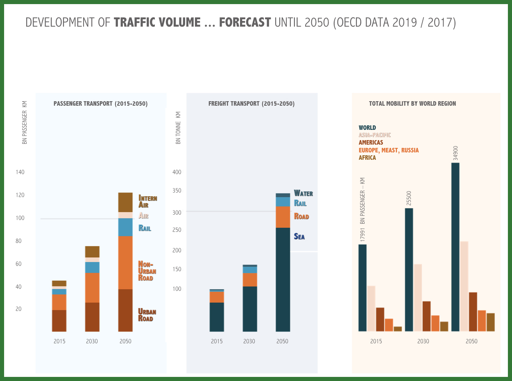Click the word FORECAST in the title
pos(245,22)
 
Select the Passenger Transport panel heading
pos(100,104)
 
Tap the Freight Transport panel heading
pos(251,104)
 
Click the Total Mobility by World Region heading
pos(412,104)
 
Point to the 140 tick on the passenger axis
pos(20,172)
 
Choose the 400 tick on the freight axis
pos(177,172)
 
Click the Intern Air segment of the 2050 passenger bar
pos(125,202)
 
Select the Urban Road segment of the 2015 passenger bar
pos(59,320)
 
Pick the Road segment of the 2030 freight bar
pos(250,279)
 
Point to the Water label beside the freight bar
pos(303,193)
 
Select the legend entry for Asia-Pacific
pos(374,135)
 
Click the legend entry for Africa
pos(367,158)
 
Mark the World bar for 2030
pos(409,270)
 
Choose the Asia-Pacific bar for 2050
pos(464,286)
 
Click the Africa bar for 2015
pos(397,329)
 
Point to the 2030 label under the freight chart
pos(249,341)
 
